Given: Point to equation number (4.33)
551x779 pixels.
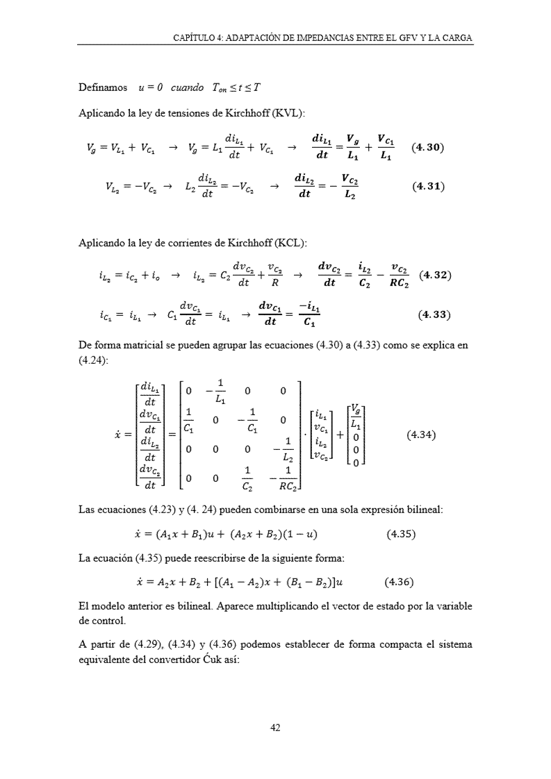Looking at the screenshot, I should pos(434,315).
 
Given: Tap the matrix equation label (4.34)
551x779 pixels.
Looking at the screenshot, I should pos(421,436).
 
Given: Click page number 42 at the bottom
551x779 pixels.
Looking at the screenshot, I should pos(275,728).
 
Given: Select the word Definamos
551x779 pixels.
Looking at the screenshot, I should pos(103,87).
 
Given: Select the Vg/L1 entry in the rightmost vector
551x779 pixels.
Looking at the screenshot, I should pos(354,416).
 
